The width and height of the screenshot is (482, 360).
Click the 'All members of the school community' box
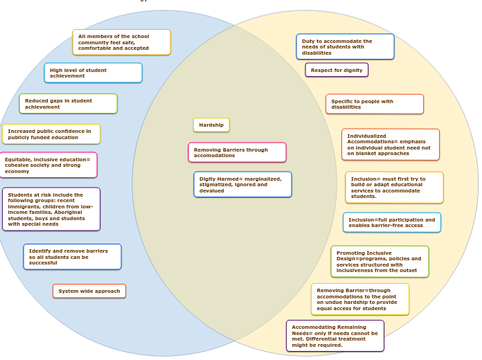click(x=121, y=42)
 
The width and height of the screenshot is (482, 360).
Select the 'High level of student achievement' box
click(x=93, y=73)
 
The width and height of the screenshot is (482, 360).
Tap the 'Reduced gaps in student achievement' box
click(x=68, y=104)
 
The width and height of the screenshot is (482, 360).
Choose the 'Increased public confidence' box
click(x=51, y=134)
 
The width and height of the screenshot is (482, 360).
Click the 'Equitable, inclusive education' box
click(x=48, y=165)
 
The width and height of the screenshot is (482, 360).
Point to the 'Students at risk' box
click(x=51, y=209)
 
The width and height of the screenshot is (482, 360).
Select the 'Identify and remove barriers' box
click(x=72, y=257)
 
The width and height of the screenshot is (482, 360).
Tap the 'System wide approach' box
click(x=89, y=291)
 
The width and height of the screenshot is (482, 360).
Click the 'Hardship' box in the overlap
click(x=211, y=125)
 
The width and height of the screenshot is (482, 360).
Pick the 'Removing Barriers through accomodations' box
click(x=237, y=152)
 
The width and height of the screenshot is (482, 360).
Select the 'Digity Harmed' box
click(x=242, y=185)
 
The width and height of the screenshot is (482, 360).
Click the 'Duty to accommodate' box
click(x=345, y=47)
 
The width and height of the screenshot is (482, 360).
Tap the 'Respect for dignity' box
click(x=337, y=70)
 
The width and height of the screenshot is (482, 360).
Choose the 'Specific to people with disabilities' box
click(x=374, y=105)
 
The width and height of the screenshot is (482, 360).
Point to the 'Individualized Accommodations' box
click(x=390, y=145)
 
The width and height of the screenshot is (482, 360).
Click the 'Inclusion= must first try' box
click(x=394, y=188)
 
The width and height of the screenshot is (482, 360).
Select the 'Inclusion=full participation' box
click(x=391, y=223)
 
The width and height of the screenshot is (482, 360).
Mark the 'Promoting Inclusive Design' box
click(x=380, y=262)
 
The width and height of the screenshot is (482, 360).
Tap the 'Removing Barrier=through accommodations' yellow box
click(x=359, y=299)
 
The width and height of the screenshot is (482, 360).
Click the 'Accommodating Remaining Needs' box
click(x=334, y=336)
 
